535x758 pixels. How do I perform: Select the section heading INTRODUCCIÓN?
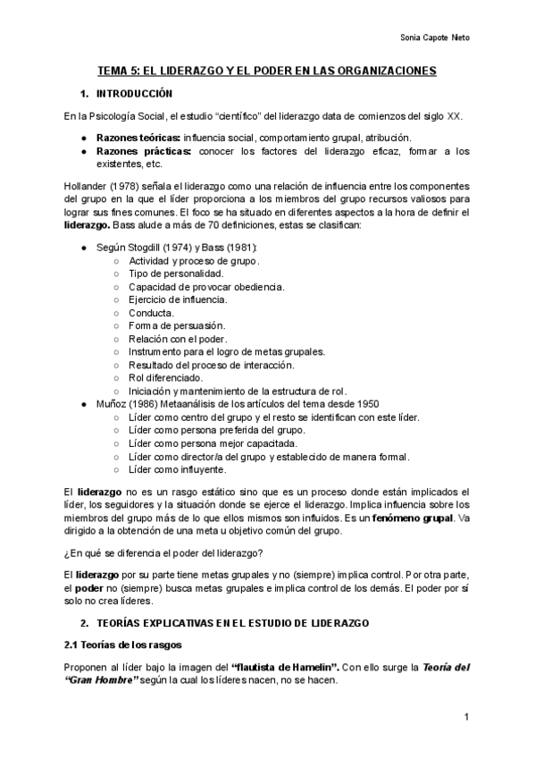[x=134, y=94]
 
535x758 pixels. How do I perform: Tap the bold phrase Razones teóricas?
[x=137, y=138]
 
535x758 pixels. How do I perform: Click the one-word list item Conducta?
[x=151, y=313]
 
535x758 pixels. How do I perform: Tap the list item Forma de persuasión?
[x=177, y=325]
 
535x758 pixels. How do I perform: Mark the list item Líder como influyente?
[x=177, y=468]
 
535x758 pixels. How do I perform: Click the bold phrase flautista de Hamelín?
[x=284, y=667]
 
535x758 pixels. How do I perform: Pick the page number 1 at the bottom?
[x=466, y=718]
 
